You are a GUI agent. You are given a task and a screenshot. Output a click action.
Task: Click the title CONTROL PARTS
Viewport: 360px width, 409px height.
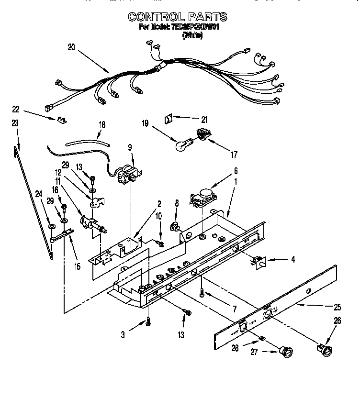point(177,17)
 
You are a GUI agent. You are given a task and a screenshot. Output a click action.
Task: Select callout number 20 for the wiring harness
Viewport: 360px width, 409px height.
point(71,47)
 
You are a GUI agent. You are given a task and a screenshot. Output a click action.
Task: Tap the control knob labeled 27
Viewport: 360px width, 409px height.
point(286,353)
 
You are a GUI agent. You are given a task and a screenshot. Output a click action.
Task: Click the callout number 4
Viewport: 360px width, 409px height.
point(293,260)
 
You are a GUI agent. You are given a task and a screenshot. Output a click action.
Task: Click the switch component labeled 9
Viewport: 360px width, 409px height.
point(128,173)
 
